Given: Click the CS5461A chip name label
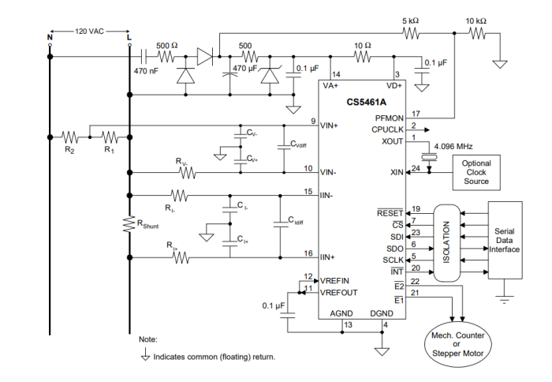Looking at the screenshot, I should point(367,102).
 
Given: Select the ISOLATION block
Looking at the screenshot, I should point(447,242).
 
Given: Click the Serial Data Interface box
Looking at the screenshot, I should point(505,239).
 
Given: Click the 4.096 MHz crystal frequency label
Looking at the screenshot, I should point(453,146).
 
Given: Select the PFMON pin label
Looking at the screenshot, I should point(389,117).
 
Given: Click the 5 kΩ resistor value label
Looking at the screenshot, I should point(412,21).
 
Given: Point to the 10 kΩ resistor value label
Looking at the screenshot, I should point(476,21).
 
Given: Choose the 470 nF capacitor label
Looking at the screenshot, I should point(147,70).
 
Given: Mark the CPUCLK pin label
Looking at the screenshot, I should point(388,129).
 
